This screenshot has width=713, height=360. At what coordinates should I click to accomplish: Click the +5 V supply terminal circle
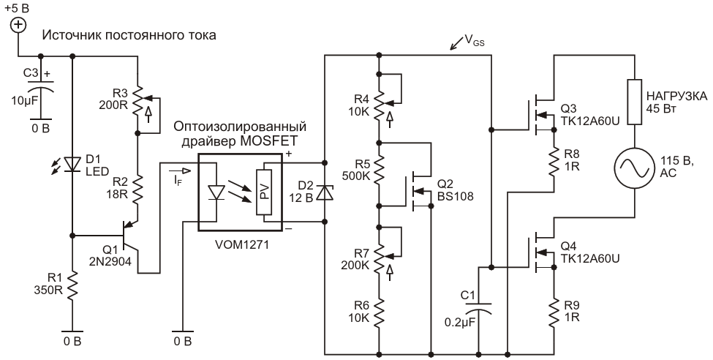pos(18,25)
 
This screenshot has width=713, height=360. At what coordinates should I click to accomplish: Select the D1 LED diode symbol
pos(72,164)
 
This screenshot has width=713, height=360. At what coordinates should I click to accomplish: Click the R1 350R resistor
pos(72,286)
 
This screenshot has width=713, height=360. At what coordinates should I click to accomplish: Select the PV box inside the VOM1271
pos(263,192)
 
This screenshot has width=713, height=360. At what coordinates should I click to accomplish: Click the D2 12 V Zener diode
pos(325,192)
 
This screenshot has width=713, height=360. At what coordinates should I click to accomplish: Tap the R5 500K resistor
pos(380,169)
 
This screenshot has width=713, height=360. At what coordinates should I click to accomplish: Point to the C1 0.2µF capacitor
pos(478,307)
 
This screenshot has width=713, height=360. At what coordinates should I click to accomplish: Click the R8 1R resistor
pos(554,162)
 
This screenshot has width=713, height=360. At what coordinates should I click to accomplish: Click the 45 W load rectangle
pos(634,102)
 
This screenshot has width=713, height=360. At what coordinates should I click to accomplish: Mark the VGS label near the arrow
pos(475,41)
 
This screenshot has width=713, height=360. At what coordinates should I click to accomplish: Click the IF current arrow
pos(181,171)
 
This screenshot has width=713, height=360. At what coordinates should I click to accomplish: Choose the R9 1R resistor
pos(554,312)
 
